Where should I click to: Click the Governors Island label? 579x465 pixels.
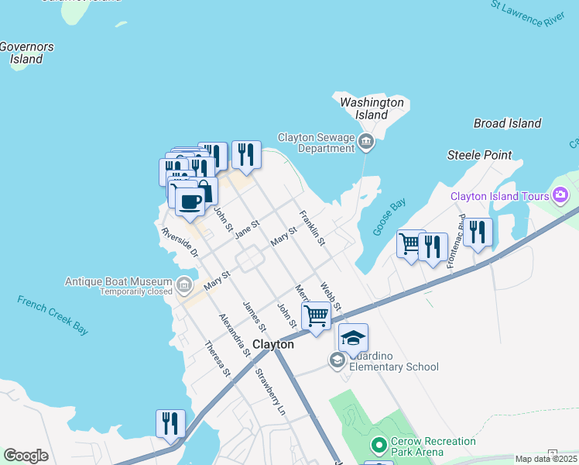click(x=27, y=53)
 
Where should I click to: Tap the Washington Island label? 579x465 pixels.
click(x=372, y=108)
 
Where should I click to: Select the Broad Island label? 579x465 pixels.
click(x=507, y=123)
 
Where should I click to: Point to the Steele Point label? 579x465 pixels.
click(x=479, y=155)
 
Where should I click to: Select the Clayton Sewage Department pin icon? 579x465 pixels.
click(x=367, y=141)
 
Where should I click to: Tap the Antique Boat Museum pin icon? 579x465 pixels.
click(x=183, y=286)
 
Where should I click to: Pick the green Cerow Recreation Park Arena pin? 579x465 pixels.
click(x=379, y=446)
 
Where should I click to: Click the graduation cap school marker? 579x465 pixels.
click(x=353, y=338)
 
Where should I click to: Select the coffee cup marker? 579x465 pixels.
click(x=190, y=201)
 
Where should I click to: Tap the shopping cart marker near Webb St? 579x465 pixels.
click(x=316, y=315)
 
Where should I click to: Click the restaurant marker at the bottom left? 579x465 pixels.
click(x=170, y=423)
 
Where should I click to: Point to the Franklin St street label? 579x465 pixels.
click(x=312, y=228)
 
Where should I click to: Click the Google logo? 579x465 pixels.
click(x=26, y=456)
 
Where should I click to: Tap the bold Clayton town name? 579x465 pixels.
click(x=273, y=344)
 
